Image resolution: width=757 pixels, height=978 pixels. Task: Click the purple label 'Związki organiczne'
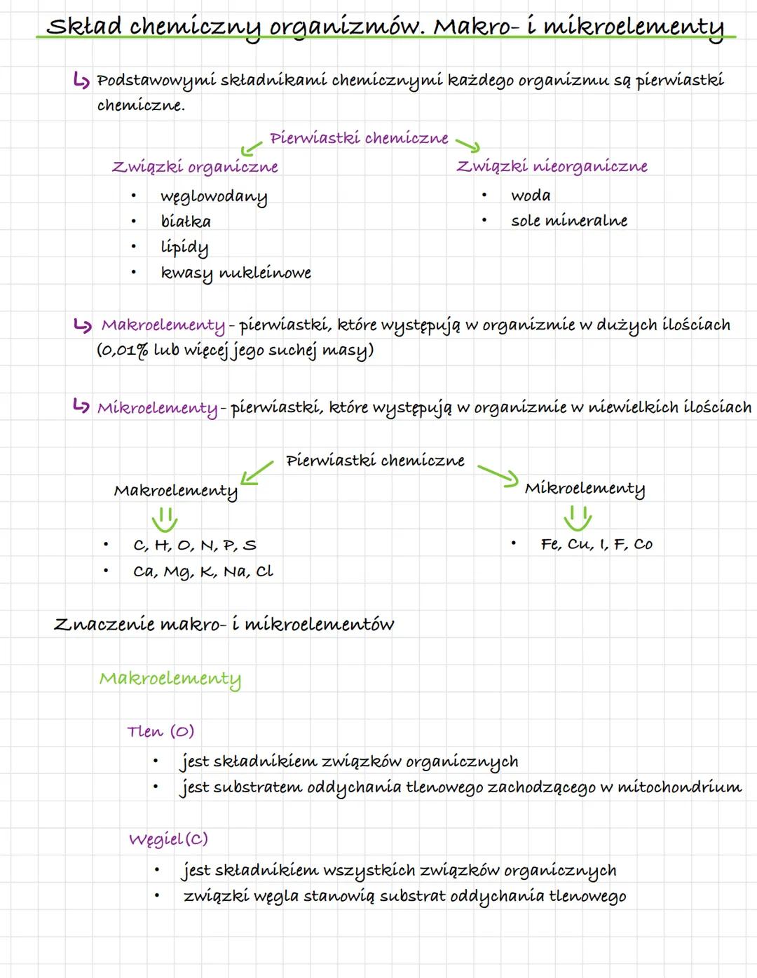(x=195, y=167)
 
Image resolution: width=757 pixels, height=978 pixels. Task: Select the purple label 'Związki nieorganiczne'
(x=552, y=166)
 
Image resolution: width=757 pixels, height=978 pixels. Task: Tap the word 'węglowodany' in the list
(x=214, y=196)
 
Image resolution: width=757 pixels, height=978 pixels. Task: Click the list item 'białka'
(x=186, y=222)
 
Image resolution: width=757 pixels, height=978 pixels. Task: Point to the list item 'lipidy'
(x=184, y=247)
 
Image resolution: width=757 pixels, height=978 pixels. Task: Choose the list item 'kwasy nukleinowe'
(x=236, y=273)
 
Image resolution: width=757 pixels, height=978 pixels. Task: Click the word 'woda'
(x=531, y=196)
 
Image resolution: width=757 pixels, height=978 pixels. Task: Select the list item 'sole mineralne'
(x=569, y=221)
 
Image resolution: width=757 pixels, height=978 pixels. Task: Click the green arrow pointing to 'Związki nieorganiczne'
(x=468, y=144)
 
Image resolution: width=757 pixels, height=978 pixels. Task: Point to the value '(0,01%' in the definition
(x=122, y=350)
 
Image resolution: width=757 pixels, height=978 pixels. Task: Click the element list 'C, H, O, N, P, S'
(x=195, y=545)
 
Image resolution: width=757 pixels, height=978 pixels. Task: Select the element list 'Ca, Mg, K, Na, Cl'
(x=203, y=572)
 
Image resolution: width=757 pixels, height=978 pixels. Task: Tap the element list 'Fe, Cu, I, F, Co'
(x=596, y=545)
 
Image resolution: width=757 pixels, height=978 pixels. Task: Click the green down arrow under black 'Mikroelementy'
(x=578, y=519)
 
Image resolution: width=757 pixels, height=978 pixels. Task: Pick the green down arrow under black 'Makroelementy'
(x=165, y=520)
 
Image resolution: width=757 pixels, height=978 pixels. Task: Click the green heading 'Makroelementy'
(x=170, y=679)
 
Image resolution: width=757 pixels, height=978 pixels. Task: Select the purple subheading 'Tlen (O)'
(x=161, y=732)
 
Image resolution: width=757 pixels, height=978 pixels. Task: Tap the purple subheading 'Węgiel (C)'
(x=168, y=839)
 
